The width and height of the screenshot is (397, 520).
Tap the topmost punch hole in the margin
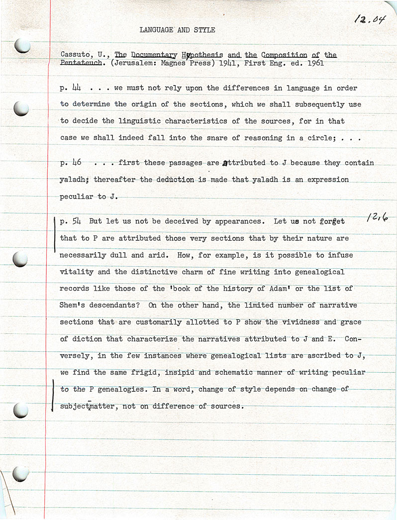coord(22,46)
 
